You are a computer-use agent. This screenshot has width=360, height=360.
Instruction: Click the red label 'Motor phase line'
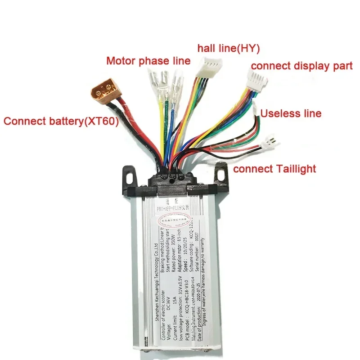pos(148,60)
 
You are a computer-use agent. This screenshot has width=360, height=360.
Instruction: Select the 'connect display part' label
pos(301,66)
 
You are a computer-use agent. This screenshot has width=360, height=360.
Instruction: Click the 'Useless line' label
pos(291,113)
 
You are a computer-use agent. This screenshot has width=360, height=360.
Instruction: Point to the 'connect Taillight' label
pos(274,169)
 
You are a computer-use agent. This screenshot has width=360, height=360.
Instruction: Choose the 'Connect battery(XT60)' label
pos(61,121)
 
